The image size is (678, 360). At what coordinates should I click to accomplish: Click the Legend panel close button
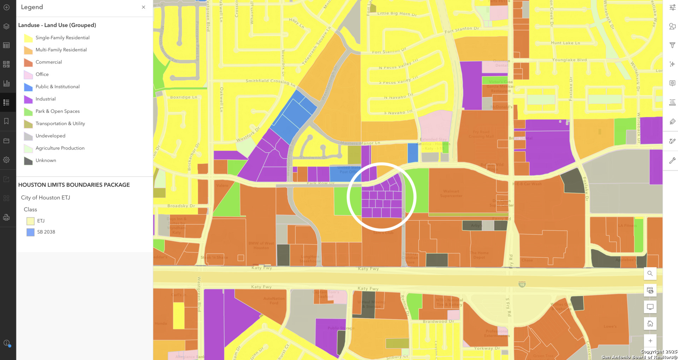click(143, 7)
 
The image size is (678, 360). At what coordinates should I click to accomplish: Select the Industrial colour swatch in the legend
click(28, 99)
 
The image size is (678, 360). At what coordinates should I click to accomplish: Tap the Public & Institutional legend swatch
click(28, 87)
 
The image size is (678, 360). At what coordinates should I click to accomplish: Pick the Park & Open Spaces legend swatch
click(28, 112)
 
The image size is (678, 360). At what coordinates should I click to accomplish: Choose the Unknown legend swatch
click(28, 161)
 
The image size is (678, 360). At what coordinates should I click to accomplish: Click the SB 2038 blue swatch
click(30, 232)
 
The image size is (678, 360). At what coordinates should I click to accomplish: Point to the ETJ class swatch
click(30, 221)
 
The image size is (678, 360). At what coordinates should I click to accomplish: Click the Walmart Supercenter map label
click(451, 193)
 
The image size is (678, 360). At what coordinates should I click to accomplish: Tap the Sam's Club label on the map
click(383, 233)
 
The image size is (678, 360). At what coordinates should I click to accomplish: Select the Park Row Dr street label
click(320, 183)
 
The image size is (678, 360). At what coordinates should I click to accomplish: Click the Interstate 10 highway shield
click(522, 284)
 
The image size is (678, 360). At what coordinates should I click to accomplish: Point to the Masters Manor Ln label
click(360, 143)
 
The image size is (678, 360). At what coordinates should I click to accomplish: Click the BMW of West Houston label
click(261, 245)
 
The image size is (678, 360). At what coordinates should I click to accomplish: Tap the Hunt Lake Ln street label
click(565, 43)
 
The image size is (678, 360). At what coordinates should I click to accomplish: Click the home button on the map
click(650, 324)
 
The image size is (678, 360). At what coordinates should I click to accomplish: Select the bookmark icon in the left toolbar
click(6, 121)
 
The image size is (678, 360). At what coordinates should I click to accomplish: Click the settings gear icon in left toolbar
click(6, 160)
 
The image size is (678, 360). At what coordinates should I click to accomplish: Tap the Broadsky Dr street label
click(181, 206)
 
